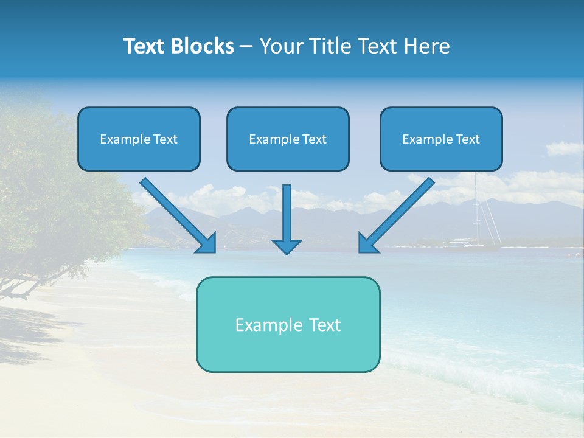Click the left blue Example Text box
click(139, 139)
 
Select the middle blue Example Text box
click(288, 139)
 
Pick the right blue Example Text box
click(441, 139)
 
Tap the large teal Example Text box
click(288, 325)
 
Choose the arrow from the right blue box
click(398, 213)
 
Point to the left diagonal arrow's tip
click(214, 251)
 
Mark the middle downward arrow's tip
click(287, 253)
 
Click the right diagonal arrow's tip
click(360, 251)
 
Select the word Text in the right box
click(467, 139)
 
